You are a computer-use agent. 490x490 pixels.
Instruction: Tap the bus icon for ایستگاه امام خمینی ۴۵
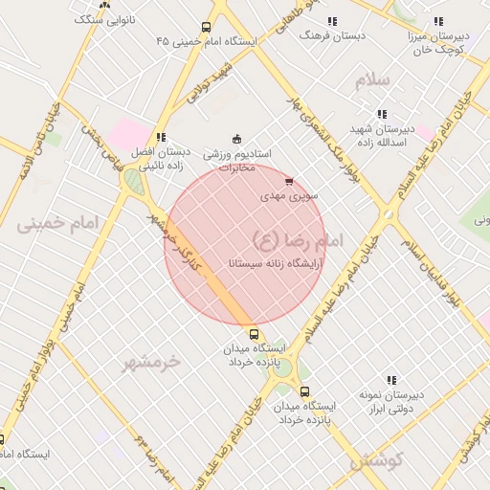[x=207, y=28]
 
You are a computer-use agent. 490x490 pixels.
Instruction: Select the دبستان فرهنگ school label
[x=320, y=34]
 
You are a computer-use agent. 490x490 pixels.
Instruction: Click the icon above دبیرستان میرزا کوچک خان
[x=438, y=20]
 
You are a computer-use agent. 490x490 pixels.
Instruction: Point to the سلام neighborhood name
[x=373, y=80]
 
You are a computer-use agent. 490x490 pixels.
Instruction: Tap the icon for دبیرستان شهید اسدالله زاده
[x=382, y=114]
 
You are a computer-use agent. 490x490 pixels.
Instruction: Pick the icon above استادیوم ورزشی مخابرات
[x=237, y=139]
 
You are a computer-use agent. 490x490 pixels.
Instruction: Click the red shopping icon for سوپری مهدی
[x=289, y=180]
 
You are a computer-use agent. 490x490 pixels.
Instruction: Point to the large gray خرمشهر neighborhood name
[x=151, y=362]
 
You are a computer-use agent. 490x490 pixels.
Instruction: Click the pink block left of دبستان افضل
[x=128, y=134]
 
